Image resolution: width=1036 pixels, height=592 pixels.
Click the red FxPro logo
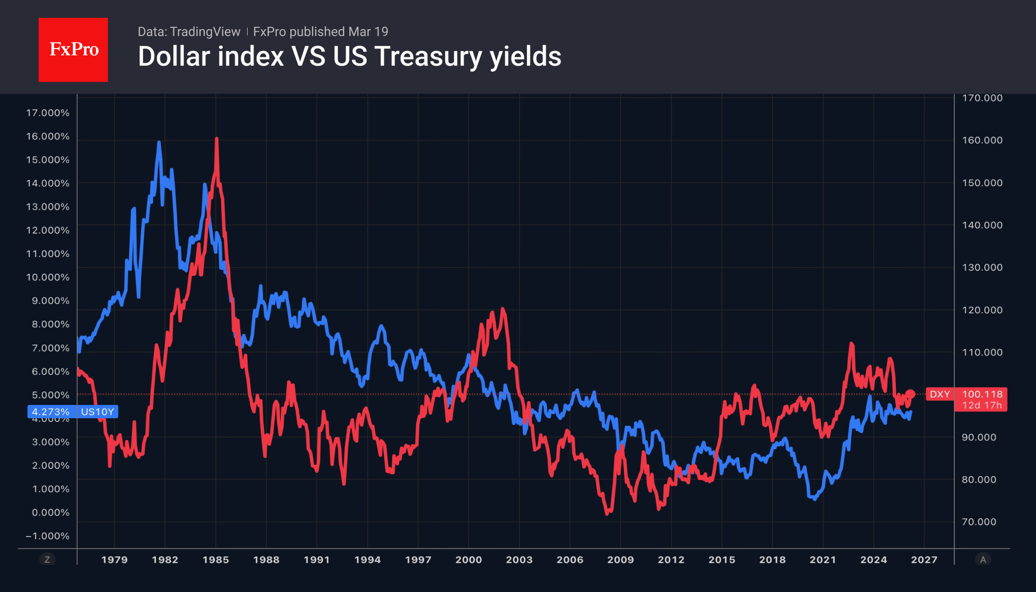click(73, 49)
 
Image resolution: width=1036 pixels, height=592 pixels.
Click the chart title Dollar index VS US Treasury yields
click(349, 56)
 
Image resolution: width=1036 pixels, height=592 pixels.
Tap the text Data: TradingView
click(189, 32)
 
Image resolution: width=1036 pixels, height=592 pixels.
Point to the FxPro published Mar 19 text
click(320, 32)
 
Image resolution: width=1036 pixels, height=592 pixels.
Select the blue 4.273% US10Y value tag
click(73, 412)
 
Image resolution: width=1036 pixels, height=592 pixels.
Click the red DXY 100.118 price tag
click(966, 399)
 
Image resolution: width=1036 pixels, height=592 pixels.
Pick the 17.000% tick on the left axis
click(48, 113)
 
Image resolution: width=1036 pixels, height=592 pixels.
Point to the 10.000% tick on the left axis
click(48, 277)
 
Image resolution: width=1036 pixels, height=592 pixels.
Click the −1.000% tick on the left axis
click(48, 536)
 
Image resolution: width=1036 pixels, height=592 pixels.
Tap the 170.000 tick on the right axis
click(982, 98)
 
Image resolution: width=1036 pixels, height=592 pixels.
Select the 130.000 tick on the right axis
click(982, 267)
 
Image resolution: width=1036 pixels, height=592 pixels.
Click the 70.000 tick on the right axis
click(979, 522)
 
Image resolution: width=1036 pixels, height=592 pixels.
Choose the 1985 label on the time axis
click(215, 560)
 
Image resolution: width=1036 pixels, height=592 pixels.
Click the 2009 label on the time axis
click(621, 560)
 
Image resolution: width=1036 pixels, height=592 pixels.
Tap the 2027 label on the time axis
click(924, 560)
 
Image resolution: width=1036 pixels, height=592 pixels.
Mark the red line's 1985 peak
click(217, 139)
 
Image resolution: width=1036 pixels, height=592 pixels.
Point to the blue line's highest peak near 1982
click(159, 143)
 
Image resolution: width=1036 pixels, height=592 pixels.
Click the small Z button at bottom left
click(48, 560)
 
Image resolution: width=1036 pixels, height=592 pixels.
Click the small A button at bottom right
click(983, 560)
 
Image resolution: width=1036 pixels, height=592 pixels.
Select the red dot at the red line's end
click(910, 395)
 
